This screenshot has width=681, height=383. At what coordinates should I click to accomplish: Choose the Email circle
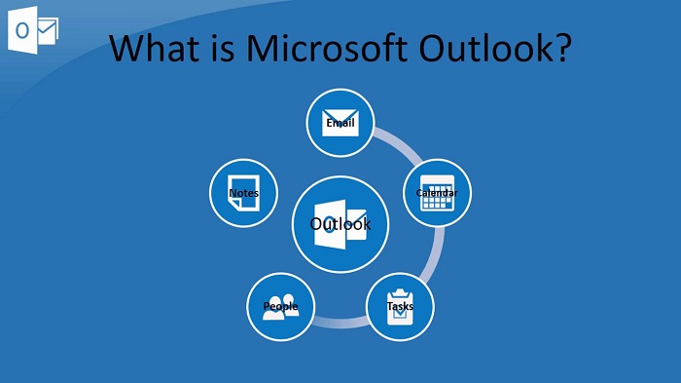point(340,122)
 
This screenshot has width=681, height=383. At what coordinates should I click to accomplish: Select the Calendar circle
point(438,193)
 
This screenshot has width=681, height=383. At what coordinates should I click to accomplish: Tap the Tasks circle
point(400,307)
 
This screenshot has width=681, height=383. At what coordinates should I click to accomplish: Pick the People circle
point(281,307)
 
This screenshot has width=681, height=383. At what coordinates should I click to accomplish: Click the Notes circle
point(243,193)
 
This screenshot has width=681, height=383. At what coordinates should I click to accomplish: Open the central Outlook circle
point(340,224)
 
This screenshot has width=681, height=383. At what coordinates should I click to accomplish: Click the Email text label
point(340,124)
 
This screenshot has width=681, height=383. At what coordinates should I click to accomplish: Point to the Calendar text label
point(438,193)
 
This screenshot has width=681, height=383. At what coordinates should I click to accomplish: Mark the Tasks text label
point(400,307)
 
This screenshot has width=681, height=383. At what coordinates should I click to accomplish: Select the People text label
point(280,307)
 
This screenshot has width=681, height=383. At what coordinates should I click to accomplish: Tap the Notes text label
point(243,193)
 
